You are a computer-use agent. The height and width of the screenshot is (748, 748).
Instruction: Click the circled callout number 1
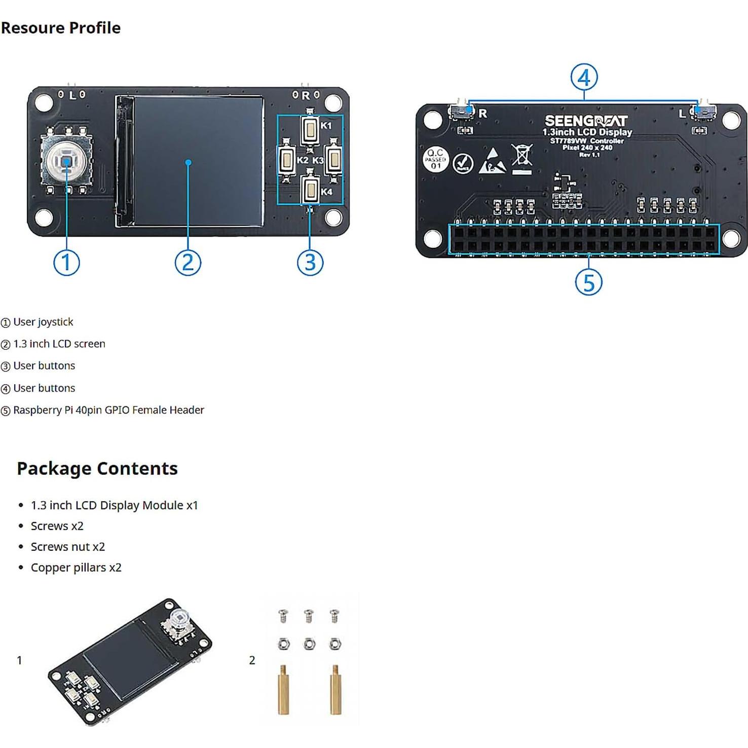coord(66,263)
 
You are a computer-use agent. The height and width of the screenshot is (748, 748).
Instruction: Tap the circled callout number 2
coord(188,263)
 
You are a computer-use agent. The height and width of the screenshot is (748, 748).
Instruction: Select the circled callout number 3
coord(310,263)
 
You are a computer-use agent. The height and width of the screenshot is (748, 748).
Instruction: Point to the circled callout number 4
coord(584,78)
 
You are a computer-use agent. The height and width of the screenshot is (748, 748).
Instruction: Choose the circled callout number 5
coord(588,282)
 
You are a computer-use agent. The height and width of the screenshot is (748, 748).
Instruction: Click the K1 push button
coord(310,130)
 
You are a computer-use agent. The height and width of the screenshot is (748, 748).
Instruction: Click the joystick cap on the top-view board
coord(66,161)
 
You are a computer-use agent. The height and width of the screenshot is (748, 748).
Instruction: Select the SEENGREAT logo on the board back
coord(586,121)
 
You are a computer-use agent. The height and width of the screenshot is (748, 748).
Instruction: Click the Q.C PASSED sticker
coord(435,159)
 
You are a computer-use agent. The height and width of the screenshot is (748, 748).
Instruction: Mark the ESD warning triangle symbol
coord(492,161)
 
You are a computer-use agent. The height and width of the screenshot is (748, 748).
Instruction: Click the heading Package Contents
coord(97,468)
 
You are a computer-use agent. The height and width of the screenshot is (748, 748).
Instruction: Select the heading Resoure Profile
coord(61,28)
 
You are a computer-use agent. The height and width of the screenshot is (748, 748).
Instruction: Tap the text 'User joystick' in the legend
coord(43,322)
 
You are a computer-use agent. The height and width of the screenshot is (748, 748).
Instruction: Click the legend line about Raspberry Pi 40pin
coord(108,410)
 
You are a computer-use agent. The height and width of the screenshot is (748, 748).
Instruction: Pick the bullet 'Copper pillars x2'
coord(76,568)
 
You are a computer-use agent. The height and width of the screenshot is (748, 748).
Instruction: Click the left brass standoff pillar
coord(284,690)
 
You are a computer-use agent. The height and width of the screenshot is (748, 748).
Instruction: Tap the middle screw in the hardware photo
coord(309,616)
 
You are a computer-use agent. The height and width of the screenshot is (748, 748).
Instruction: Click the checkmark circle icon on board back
coord(463,163)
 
